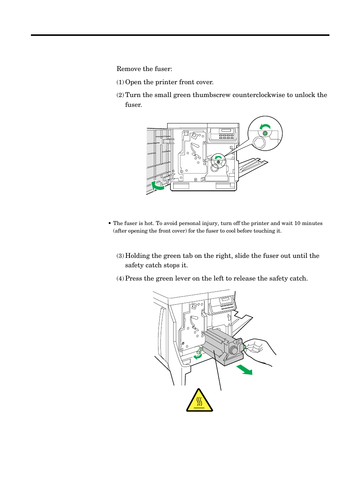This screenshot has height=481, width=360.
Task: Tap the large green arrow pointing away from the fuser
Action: click(x=245, y=370)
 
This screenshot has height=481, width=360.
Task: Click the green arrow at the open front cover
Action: click(x=158, y=185)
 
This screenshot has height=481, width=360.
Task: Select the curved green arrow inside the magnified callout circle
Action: click(x=265, y=127)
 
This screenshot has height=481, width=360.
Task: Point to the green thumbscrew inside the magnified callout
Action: click(x=265, y=134)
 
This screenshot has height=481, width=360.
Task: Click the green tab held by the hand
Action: click(x=244, y=347)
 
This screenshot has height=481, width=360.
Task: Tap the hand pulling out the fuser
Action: click(x=260, y=351)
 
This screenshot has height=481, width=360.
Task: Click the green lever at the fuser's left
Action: click(x=200, y=350)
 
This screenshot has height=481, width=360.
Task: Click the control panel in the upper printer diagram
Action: click(x=223, y=134)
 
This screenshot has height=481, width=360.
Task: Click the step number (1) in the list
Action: click(x=120, y=82)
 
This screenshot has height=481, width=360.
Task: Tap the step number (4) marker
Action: click(x=120, y=279)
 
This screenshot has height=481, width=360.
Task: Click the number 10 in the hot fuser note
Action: click(x=298, y=223)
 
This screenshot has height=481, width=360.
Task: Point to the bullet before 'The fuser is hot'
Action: click(x=109, y=224)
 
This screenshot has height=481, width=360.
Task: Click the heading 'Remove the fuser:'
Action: click(x=144, y=69)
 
